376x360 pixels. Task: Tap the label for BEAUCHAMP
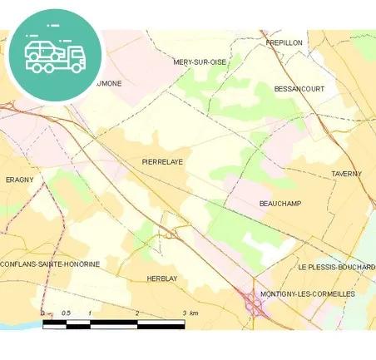(280, 204)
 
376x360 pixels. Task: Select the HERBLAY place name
(163, 279)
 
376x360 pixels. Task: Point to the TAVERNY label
(347, 174)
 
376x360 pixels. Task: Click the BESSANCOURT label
(299, 87)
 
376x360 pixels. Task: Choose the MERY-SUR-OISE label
(200, 62)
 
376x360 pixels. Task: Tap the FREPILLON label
(285, 42)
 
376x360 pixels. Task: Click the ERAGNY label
(19, 180)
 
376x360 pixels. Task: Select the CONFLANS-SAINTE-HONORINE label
(51, 264)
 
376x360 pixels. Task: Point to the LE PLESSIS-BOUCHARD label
(337, 267)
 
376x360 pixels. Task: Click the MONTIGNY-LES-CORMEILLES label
(307, 294)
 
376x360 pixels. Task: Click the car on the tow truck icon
(42, 49)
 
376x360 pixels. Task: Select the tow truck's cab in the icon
(76, 56)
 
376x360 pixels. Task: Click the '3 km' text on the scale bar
(190, 313)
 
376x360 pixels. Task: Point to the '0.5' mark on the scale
(66, 313)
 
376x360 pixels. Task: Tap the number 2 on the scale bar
(137, 313)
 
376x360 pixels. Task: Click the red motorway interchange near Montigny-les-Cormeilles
(254, 307)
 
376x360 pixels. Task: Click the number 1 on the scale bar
(90, 313)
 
